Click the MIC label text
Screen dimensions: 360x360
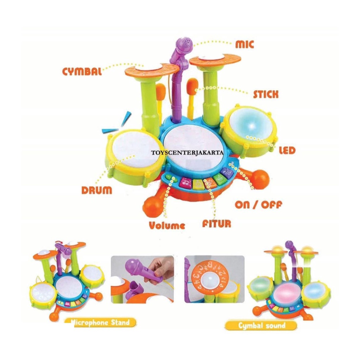245,44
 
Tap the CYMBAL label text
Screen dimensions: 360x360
82,71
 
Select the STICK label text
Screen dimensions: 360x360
266,94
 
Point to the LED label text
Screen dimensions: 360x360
287,150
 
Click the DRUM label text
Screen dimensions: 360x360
97,190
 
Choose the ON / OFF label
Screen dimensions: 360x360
258,205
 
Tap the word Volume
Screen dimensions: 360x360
167,225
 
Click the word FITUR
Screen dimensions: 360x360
217,224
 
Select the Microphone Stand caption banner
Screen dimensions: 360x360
100,322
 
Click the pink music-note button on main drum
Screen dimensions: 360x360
184,182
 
